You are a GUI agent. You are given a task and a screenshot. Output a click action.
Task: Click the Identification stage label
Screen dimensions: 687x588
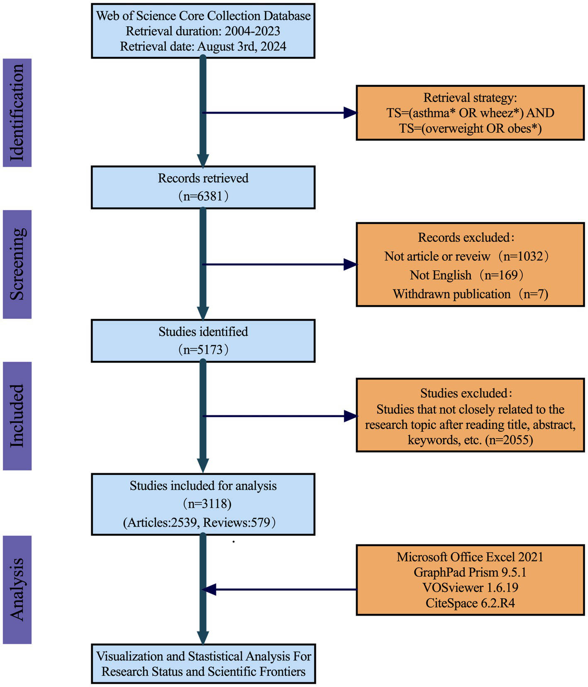tap(17, 113)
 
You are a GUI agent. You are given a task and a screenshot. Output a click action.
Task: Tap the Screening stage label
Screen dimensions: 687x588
tap(17, 264)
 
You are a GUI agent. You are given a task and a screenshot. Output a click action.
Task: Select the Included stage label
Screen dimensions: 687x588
tap(17, 416)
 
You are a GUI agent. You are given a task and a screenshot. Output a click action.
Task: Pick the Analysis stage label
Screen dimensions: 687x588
tap(17, 589)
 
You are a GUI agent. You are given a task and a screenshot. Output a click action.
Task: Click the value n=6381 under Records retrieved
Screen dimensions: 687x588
tap(203, 196)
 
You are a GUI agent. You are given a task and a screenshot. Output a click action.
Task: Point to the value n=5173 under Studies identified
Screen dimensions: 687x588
tap(203, 350)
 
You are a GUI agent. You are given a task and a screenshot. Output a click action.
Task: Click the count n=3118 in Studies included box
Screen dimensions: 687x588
tap(207, 504)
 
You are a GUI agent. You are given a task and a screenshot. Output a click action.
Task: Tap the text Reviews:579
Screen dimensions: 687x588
tap(239, 522)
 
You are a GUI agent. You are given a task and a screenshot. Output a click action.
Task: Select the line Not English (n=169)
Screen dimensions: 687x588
tap(467, 275)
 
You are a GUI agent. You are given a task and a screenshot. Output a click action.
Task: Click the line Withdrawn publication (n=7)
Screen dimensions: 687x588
tap(470, 294)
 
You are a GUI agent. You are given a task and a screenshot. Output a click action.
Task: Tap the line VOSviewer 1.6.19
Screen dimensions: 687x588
tap(470, 587)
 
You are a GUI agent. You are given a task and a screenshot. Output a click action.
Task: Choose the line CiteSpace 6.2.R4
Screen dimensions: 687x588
tap(470, 603)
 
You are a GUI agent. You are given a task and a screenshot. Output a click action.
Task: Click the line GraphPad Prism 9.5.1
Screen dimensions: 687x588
tap(470, 572)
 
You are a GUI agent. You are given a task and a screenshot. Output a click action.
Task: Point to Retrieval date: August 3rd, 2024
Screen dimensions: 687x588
tap(203, 46)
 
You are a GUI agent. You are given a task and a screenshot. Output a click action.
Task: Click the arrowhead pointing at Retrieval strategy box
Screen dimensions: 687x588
tap(351, 113)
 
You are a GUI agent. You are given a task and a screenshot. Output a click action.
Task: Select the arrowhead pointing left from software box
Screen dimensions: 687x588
tap(209, 589)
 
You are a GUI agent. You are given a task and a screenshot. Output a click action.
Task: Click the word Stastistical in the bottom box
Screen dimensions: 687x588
tap(215, 656)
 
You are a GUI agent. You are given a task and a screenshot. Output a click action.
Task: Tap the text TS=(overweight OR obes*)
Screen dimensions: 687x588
tap(470, 128)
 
